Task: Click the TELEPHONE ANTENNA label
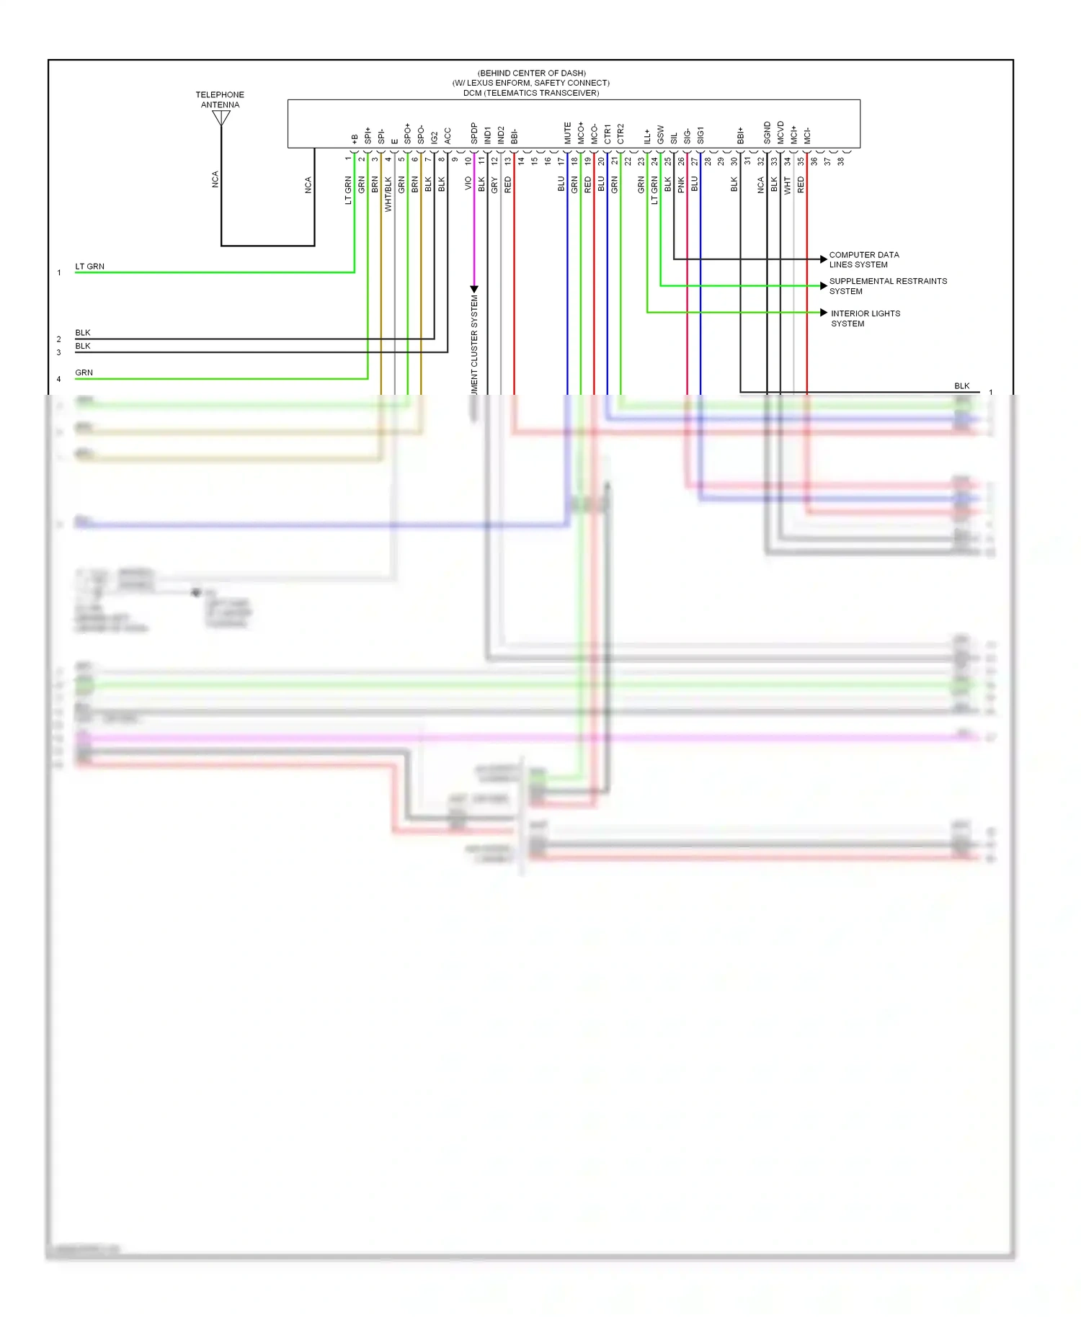(x=220, y=99)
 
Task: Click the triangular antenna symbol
(x=221, y=117)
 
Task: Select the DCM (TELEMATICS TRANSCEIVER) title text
(x=531, y=93)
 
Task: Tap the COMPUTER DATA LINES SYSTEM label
(x=863, y=259)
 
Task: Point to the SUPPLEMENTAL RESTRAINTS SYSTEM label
(x=887, y=286)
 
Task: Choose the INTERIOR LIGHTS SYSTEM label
(x=865, y=318)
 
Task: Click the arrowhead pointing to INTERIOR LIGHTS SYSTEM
(x=824, y=313)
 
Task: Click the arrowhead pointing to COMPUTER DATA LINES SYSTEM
(x=824, y=259)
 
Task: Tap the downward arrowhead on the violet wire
(x=474, y=289)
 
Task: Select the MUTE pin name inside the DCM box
(x=568, y=133)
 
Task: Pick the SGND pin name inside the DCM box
(x=768, y=133)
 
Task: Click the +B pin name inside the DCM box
(x=355, y=138)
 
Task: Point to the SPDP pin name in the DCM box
(x=474, y=133)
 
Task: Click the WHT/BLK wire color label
(x=388, y=194)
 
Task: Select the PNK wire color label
(x=681, y=184)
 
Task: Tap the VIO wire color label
(x=468, y=184)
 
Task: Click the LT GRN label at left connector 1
(x=90, y=267)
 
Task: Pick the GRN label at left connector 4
(x=84, y=372)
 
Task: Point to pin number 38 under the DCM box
(x=841, y=161)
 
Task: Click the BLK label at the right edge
(x=962, y=386)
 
